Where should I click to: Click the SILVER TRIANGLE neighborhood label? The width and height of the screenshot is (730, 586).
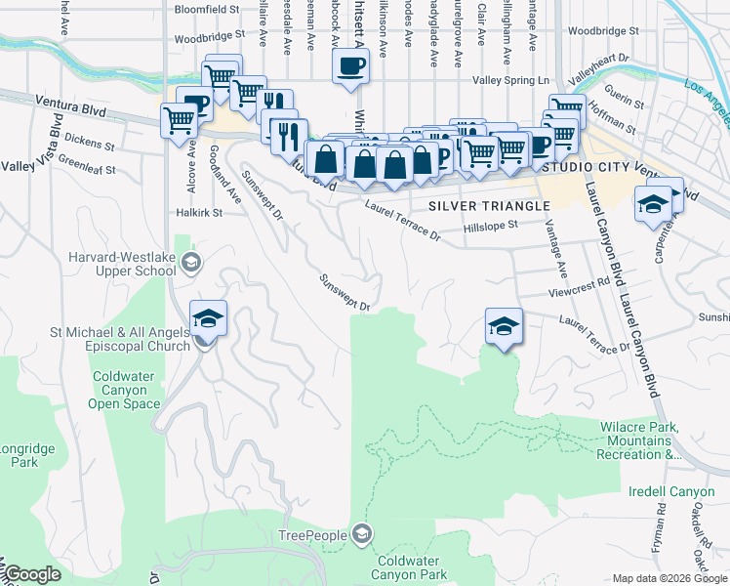click(489, 206)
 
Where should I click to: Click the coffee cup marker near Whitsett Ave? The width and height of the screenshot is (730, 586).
click(350, 68)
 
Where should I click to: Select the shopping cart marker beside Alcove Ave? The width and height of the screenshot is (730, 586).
click(180, 122)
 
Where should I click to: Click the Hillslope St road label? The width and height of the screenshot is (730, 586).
click(495, 226)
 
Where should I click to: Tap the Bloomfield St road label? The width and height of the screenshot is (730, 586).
click(207, 9)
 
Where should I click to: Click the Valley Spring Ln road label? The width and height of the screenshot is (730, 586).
click(511, 80)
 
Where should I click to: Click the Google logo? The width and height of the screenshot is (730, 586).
click(32, 574)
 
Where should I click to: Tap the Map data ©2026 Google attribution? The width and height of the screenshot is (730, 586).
click(669, 578)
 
